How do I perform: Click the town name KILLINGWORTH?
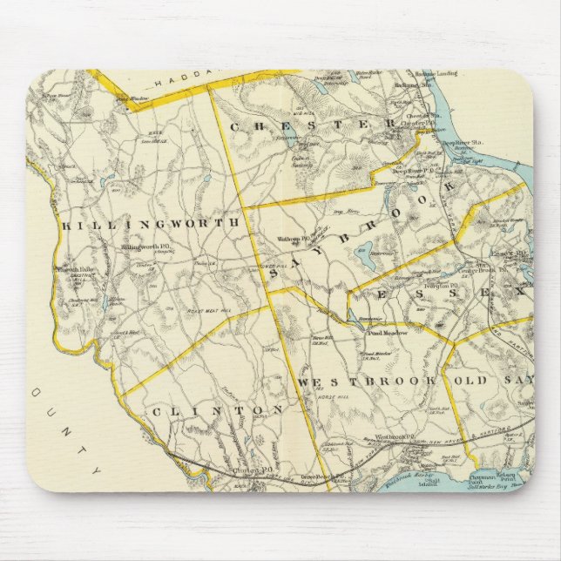[150, 225]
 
